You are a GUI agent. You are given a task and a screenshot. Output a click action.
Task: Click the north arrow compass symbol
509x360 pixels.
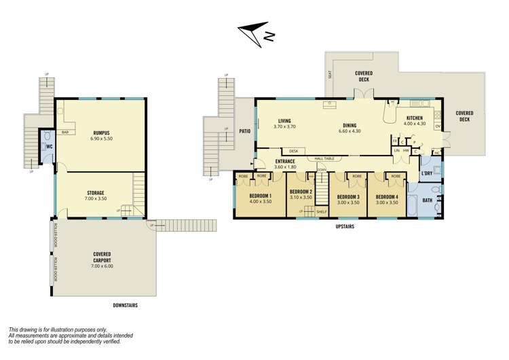(x=255, y=33)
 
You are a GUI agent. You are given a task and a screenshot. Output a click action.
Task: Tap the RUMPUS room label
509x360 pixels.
(x=101, y=134)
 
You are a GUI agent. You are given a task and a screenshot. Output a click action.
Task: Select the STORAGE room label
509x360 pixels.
(x=94, y=193)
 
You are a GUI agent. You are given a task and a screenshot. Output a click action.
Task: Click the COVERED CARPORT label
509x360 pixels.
(x=102, y=257)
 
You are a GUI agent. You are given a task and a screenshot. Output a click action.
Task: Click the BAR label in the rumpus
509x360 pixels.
(x=65, y=132)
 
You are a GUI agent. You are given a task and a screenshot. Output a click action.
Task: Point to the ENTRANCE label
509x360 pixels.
(x=284, y=161)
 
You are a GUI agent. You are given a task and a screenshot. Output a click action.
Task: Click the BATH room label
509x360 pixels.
(x=427, y=201)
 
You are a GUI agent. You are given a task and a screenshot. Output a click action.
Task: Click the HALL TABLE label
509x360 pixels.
(x=324, y=158)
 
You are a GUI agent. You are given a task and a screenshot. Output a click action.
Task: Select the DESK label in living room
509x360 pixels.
(x=294, y=151)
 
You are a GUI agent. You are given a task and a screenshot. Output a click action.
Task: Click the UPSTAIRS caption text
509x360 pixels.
(x=346, y=227)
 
